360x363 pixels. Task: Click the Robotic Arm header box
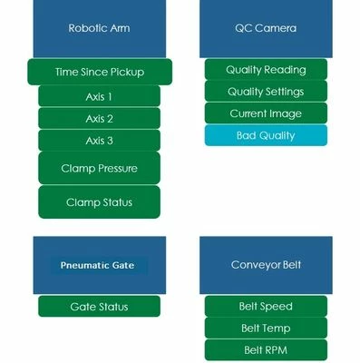click(99, 28)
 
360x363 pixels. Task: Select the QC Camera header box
click(265, 28)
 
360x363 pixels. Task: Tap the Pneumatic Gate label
click(97, 265)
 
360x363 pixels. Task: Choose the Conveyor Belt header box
click(265, 265)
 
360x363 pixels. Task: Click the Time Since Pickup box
click(99, 73)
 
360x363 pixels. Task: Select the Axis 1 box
click(99, 96)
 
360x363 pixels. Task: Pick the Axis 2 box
click(99, 118)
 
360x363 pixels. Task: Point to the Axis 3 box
click(99, 141)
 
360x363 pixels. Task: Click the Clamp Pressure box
click(99, 168)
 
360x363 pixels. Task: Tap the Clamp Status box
click(99, 201)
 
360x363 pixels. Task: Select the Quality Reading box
click(265, 69)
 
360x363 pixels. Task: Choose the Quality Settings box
click(265, 91)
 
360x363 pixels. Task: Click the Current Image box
click(265, 113)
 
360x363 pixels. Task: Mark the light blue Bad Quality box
click(265, 135)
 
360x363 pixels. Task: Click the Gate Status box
click(99, 307)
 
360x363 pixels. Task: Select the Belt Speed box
click(265, 307)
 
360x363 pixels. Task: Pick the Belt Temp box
click(265, 329)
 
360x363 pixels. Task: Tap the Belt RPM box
click(265, 350)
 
